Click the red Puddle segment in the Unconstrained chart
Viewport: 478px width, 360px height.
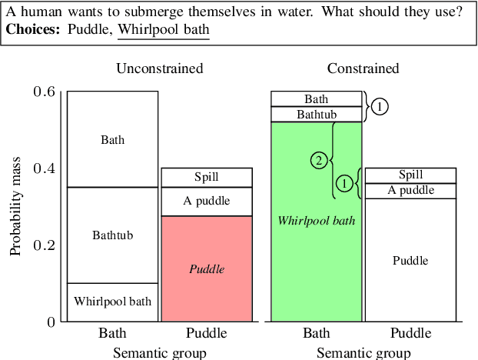(207, 268)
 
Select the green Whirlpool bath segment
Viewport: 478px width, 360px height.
(316, 221)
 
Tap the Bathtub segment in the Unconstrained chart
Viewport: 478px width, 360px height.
(112, 235)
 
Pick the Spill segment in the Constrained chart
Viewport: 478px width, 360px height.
(410, 175)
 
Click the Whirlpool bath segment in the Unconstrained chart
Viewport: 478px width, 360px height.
(112, 302)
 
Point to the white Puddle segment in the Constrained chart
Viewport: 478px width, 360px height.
(410, 260)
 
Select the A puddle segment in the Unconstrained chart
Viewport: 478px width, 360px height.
(207, 201)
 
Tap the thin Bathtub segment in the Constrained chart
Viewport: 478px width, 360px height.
(316, 114)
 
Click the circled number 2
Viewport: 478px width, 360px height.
(320, 160)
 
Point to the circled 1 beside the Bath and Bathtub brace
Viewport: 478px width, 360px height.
(380, 107)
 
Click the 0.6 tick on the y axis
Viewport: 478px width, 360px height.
(45, 92)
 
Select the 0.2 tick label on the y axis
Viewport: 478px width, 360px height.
(45, 245)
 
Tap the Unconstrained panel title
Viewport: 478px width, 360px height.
(160, 68)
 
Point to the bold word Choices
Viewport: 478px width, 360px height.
(32, 29)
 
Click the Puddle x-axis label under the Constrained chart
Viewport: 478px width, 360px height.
(410, 334)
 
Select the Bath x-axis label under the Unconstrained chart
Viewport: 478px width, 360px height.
(112, 334)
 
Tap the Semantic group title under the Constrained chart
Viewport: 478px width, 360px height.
(363, 352)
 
